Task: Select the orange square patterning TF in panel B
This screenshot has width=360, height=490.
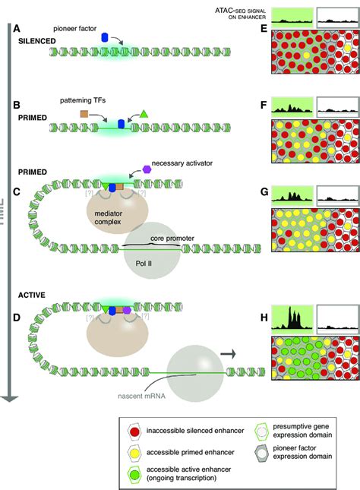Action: [x=84, y=114]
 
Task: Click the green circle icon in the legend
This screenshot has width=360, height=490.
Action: [x=134, y=470]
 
